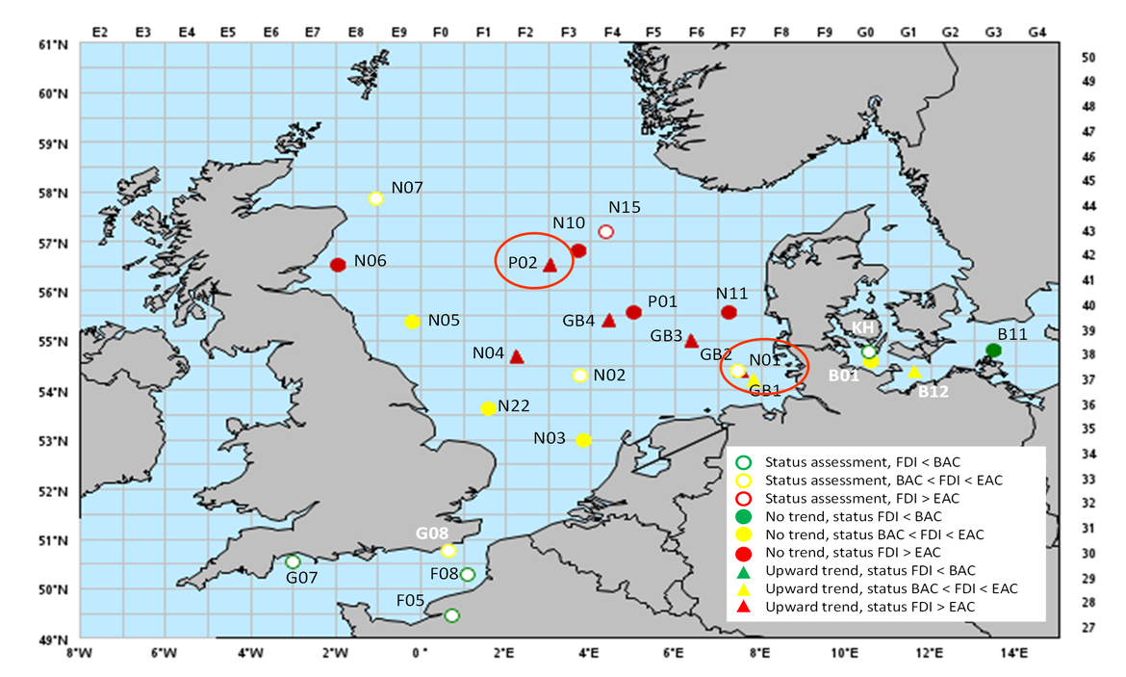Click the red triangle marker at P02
tap(550, 265)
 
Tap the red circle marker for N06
tap(338, 265)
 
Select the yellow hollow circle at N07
tap(376, 198)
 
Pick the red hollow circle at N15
tap(605, 231)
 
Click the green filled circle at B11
tap(994, 351)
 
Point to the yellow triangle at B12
tap(914, 372)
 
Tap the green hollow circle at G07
tap(293, 561)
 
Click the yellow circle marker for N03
tap(583, 440)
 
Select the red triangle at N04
tap(516, 356)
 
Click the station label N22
tap(515, 406)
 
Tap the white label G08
tap(432, 533)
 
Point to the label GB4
tap(579, 320)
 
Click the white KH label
tap(862, 327)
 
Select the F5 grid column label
tap(653, 32)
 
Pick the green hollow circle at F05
tap(451, 615)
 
